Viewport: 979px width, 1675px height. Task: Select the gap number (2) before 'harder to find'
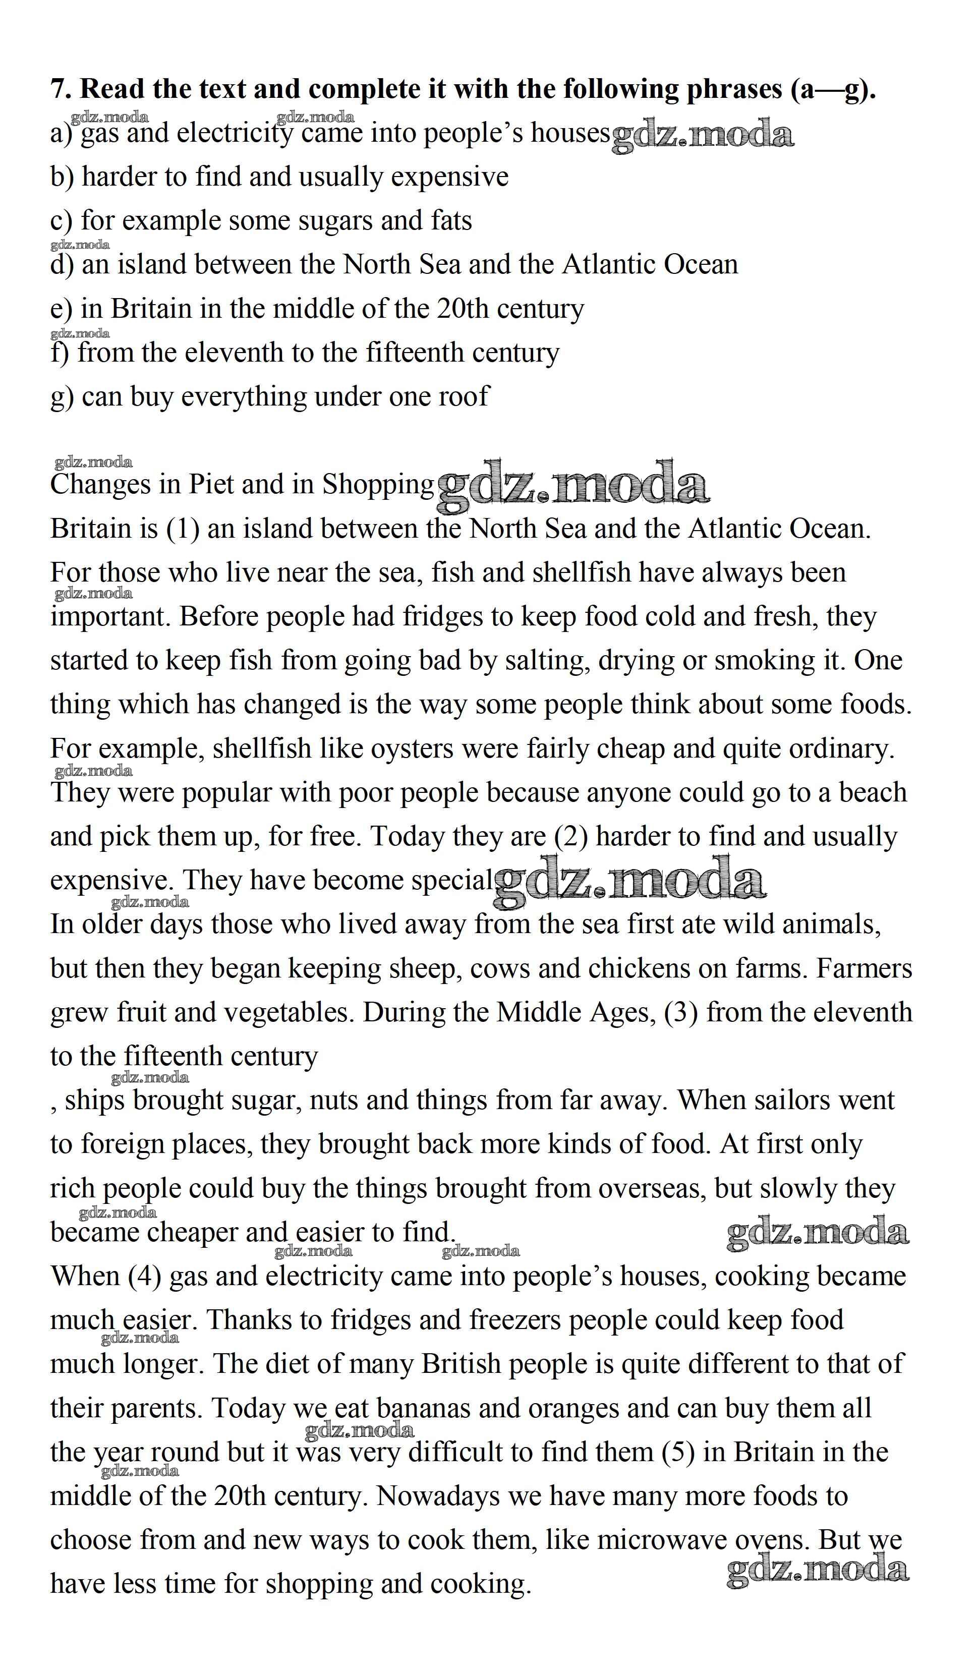tap(571, 836)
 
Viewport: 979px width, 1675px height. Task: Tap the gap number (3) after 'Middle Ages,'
tap(680, 1012)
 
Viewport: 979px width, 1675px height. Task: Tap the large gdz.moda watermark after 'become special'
tap(630, 881)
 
